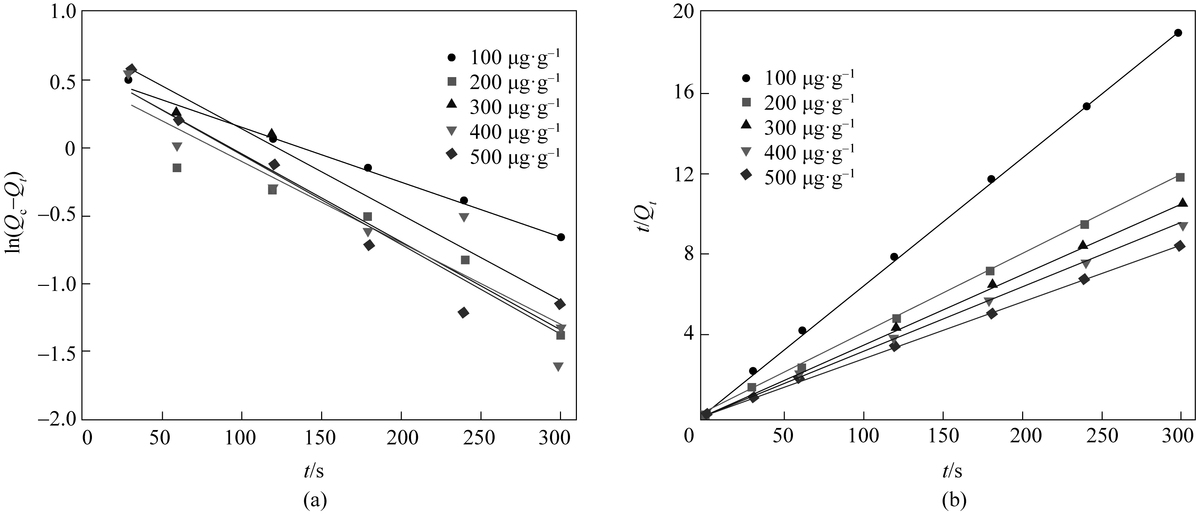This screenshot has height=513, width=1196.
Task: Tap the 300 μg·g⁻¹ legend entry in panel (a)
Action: (504, 107)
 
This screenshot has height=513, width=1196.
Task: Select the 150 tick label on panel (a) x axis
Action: (321, 438)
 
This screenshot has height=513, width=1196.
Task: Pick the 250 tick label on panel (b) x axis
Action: (1103, 436)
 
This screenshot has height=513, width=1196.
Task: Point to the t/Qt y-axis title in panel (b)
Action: (645, 214)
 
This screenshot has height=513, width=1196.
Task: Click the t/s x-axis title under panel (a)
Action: (314, 472)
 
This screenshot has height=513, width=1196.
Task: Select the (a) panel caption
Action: (315, 501)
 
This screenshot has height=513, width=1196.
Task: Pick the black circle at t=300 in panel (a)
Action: (561, 237)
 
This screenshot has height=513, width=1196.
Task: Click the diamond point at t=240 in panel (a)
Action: (463, 313)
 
